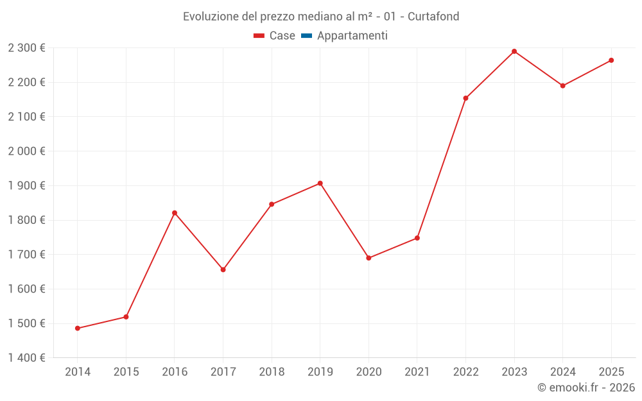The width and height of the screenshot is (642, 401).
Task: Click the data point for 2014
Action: point(78,328)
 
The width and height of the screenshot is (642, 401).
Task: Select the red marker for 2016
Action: point(175,213)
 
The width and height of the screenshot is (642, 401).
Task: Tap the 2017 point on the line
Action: point(223,269)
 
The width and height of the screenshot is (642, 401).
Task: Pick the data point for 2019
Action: point(320,183)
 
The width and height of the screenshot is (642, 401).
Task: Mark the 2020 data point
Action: point(369,258)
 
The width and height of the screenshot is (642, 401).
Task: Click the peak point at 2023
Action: point(514,51)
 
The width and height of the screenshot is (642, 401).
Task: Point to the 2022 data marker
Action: point(465,98)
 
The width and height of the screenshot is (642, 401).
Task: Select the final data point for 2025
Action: point(611,60)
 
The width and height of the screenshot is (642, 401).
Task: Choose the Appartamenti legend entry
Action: point(352,36)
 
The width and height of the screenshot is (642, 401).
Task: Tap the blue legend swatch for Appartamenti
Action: point(306,36)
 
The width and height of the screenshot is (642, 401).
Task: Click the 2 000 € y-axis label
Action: point(26,151)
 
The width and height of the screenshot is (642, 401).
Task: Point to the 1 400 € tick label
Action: point(26,358)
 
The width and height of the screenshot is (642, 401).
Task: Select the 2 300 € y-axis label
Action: point(26,48)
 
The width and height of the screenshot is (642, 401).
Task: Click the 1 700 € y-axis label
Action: point(26,255)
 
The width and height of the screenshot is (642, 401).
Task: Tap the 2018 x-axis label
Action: point(272,372)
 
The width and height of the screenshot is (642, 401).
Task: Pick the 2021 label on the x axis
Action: point(417,372)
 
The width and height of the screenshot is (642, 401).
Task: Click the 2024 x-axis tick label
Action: point(562,372)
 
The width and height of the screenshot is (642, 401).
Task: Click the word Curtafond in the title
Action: point(433,17)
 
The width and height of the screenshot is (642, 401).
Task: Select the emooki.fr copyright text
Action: point(586,388)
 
